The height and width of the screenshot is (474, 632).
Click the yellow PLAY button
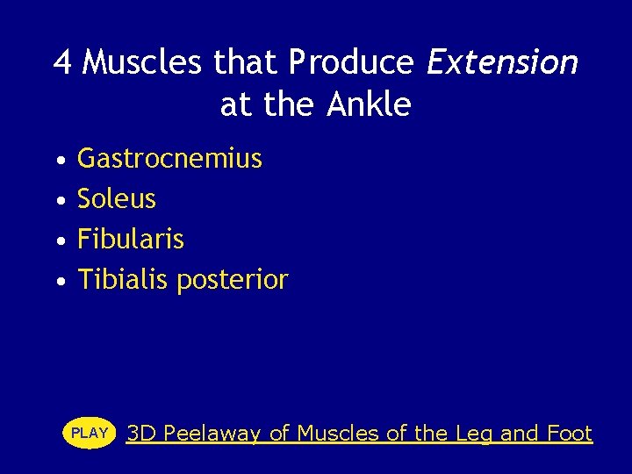[90, 433]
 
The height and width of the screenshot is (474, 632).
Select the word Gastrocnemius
[169, 159]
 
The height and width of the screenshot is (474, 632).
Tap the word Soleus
[117, 199]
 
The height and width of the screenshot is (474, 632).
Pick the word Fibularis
[131, 240]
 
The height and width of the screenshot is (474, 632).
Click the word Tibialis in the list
[123, 280]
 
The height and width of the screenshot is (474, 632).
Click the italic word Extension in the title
[502, 62]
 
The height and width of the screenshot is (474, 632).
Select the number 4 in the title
[62, 62]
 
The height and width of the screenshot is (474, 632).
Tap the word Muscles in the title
[145, 62]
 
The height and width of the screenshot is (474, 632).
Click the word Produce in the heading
[351, 62]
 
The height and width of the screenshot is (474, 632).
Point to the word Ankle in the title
[369, 104]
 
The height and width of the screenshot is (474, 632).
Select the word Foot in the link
[570, 433]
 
